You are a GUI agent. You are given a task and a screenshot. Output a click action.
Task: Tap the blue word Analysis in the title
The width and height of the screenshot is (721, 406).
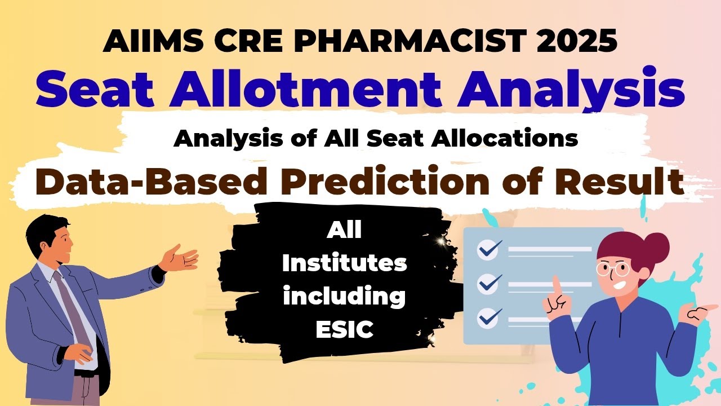point(571,90)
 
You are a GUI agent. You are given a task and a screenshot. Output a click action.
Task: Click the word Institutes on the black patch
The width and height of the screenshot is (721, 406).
point(345,263)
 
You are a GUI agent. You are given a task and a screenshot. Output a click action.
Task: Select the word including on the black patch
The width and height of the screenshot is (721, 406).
point(345,296)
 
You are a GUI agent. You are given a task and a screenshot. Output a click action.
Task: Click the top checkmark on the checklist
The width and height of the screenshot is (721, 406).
point(488,248)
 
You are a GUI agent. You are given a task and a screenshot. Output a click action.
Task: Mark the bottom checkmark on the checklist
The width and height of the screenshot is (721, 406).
point(488,317)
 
